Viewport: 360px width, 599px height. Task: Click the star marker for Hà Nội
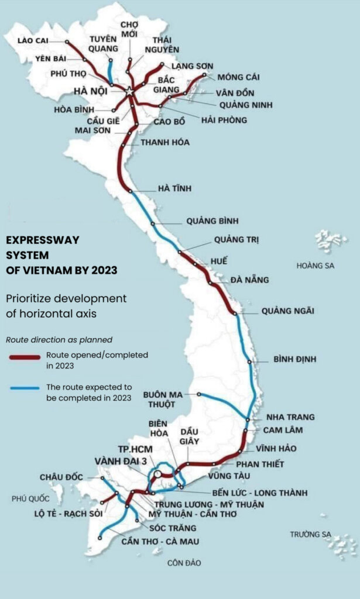[x=129, y=91]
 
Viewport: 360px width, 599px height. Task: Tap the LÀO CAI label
[x=33, y=40]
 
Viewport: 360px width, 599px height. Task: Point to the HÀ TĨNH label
[x=174, y=189]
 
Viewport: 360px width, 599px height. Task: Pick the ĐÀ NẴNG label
[x=249, y=280]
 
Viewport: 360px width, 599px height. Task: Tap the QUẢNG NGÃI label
[x=287, y=311]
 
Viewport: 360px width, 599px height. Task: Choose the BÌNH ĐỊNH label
[x=298, y=359]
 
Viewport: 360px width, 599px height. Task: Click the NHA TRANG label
[x=290, y=417]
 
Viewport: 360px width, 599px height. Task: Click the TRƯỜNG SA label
[x=310, y=534]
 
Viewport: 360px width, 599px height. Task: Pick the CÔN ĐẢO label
[x=184, y=563]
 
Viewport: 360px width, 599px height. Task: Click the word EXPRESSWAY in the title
[x=42, y=240]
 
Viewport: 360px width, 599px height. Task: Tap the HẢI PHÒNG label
[x=224, y=120]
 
